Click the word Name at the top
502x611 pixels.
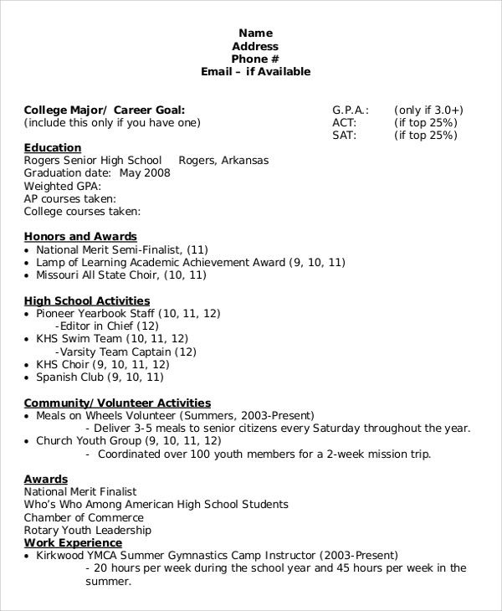pos(255,33)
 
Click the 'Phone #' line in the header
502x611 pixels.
pos(255,59)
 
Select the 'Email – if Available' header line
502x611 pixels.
pos(255,72)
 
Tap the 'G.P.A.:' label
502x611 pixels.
pos(351,110)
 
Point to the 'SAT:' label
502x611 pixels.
pos(344,135)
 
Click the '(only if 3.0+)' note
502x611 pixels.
pos(428,110)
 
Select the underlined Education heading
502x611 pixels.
pos(52,148)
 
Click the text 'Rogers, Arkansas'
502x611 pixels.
pos(223,161)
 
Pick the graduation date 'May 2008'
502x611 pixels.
pos(145,173)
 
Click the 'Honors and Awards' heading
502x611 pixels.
pos(79,237)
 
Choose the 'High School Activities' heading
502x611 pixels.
pos(86,300)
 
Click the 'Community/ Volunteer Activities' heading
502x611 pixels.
pos(116,403)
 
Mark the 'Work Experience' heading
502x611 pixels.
pos(72,542)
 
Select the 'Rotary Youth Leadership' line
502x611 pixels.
pos(87,530)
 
